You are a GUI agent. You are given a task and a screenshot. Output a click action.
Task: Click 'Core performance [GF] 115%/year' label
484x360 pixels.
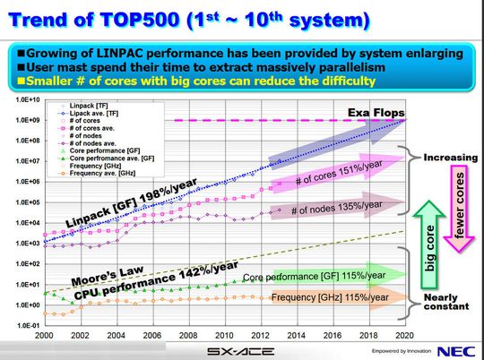(314, 275)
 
